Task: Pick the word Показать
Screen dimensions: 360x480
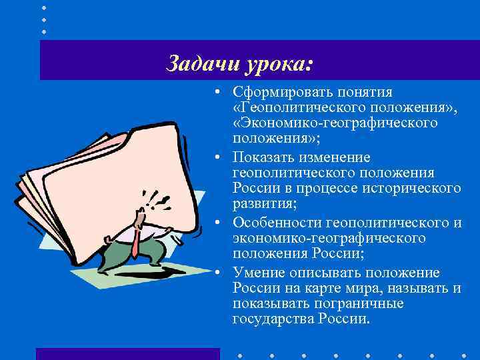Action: (263, 157)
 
